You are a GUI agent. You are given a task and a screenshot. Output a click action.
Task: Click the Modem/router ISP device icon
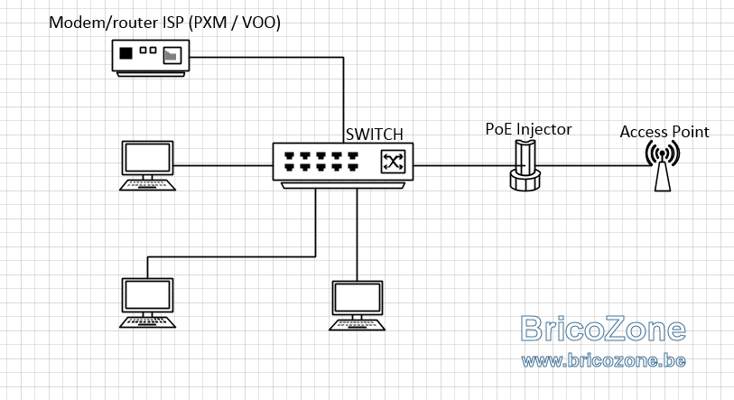[151, 58]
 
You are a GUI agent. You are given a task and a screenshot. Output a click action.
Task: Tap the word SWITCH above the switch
[374, 135]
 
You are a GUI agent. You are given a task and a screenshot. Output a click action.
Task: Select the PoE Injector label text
[528, 129]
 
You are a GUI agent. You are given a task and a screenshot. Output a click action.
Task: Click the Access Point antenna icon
[663, 166]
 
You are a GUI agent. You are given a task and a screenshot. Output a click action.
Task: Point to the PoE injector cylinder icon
[525, 165]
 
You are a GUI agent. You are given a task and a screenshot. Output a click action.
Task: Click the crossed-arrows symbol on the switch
[393, 162]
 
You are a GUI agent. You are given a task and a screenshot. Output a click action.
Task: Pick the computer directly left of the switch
[147, 165]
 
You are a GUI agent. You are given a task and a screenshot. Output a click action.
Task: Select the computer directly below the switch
[358, 305]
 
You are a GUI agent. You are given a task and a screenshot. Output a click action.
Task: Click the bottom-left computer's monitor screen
[147, 295]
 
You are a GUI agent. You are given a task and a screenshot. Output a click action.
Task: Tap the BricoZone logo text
[603, 329]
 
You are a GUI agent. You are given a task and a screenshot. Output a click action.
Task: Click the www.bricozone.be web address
[603, 360]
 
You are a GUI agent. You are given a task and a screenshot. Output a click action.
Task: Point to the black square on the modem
[125, 53]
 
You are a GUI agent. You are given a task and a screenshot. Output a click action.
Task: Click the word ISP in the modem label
[173, 22]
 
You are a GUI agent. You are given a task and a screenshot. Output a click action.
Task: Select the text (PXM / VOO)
[235, 23]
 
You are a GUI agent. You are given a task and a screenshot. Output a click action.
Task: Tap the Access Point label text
[664, 132]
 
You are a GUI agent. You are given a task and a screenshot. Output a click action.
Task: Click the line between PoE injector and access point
[593, 165]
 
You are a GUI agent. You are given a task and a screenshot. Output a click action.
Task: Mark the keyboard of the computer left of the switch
[147, 185]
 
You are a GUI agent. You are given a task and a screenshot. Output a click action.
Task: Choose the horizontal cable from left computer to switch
[223, 165]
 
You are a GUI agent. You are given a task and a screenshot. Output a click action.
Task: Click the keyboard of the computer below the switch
[358, 325]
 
